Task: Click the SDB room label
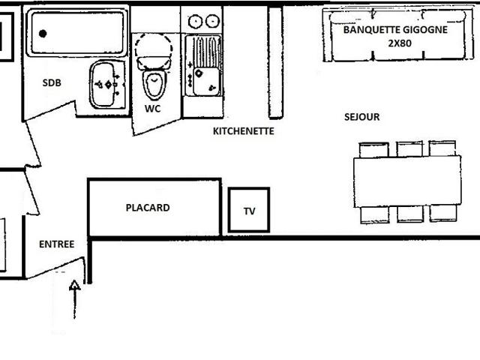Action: (x=52, y=83)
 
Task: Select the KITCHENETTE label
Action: (x=244, y=130)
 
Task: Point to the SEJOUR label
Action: (x=361, y=117)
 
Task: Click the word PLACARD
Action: (x=148, y=208)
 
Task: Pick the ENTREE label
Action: (x=57, y=244)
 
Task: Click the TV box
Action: (x=249, y=211)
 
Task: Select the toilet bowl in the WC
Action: (x=154, y=85)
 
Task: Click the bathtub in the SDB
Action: (x=76, y=32)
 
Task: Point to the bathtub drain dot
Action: (x=43, y=33)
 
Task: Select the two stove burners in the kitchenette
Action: (x=203, y=21)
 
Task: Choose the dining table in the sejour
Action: (x=406, y=181)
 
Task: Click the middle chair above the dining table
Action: (x=409, y=148)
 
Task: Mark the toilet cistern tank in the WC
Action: (x=154, y=52)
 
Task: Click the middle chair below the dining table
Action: (x=409, y=214)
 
